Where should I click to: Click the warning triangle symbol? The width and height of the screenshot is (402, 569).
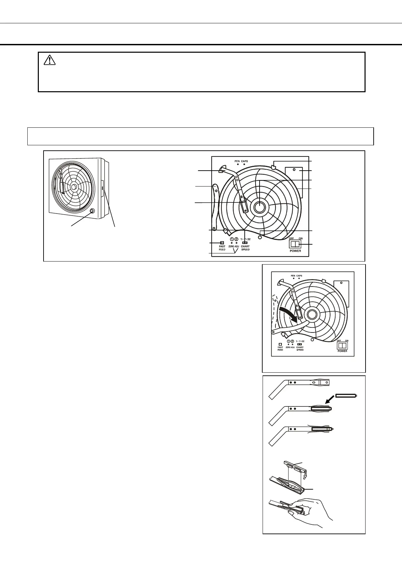pyautogui.click(x=50, y=60)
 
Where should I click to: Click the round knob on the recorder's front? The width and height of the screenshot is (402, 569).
pyautogui.click(x=91, y=212)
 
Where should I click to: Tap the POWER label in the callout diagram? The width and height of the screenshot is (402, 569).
pyautogui.click(x=295, y=251)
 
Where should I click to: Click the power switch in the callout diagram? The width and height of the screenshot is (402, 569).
pyautogui.click(x=295, y=244)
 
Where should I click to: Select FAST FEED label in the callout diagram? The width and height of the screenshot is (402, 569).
pyautogui.click(x=222, y=248)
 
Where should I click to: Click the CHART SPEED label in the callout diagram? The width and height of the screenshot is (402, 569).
pyautogui.click(x=245, y=248)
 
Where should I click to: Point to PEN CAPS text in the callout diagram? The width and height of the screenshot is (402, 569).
pyautogui.click(x=241, y=161)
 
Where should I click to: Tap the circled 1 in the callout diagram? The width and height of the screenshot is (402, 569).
pyautogui.click(x=232, y=239)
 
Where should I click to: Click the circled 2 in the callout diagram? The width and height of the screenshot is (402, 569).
pyautogui.click(x=236, y=239)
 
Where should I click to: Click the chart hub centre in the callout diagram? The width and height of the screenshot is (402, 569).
pyautogui.click(x=259, y=207)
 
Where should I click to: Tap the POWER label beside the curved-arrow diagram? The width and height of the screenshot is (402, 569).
pyautogui.click(x=342, y=351)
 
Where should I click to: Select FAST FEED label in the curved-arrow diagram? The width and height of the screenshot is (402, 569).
pyautogui.click(x=280, y=348)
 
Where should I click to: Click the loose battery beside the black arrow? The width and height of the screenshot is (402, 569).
pyautogui.click(x=346, y=396)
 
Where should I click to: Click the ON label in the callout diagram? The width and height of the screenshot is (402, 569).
pyautogui.click(x=300, y=239)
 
